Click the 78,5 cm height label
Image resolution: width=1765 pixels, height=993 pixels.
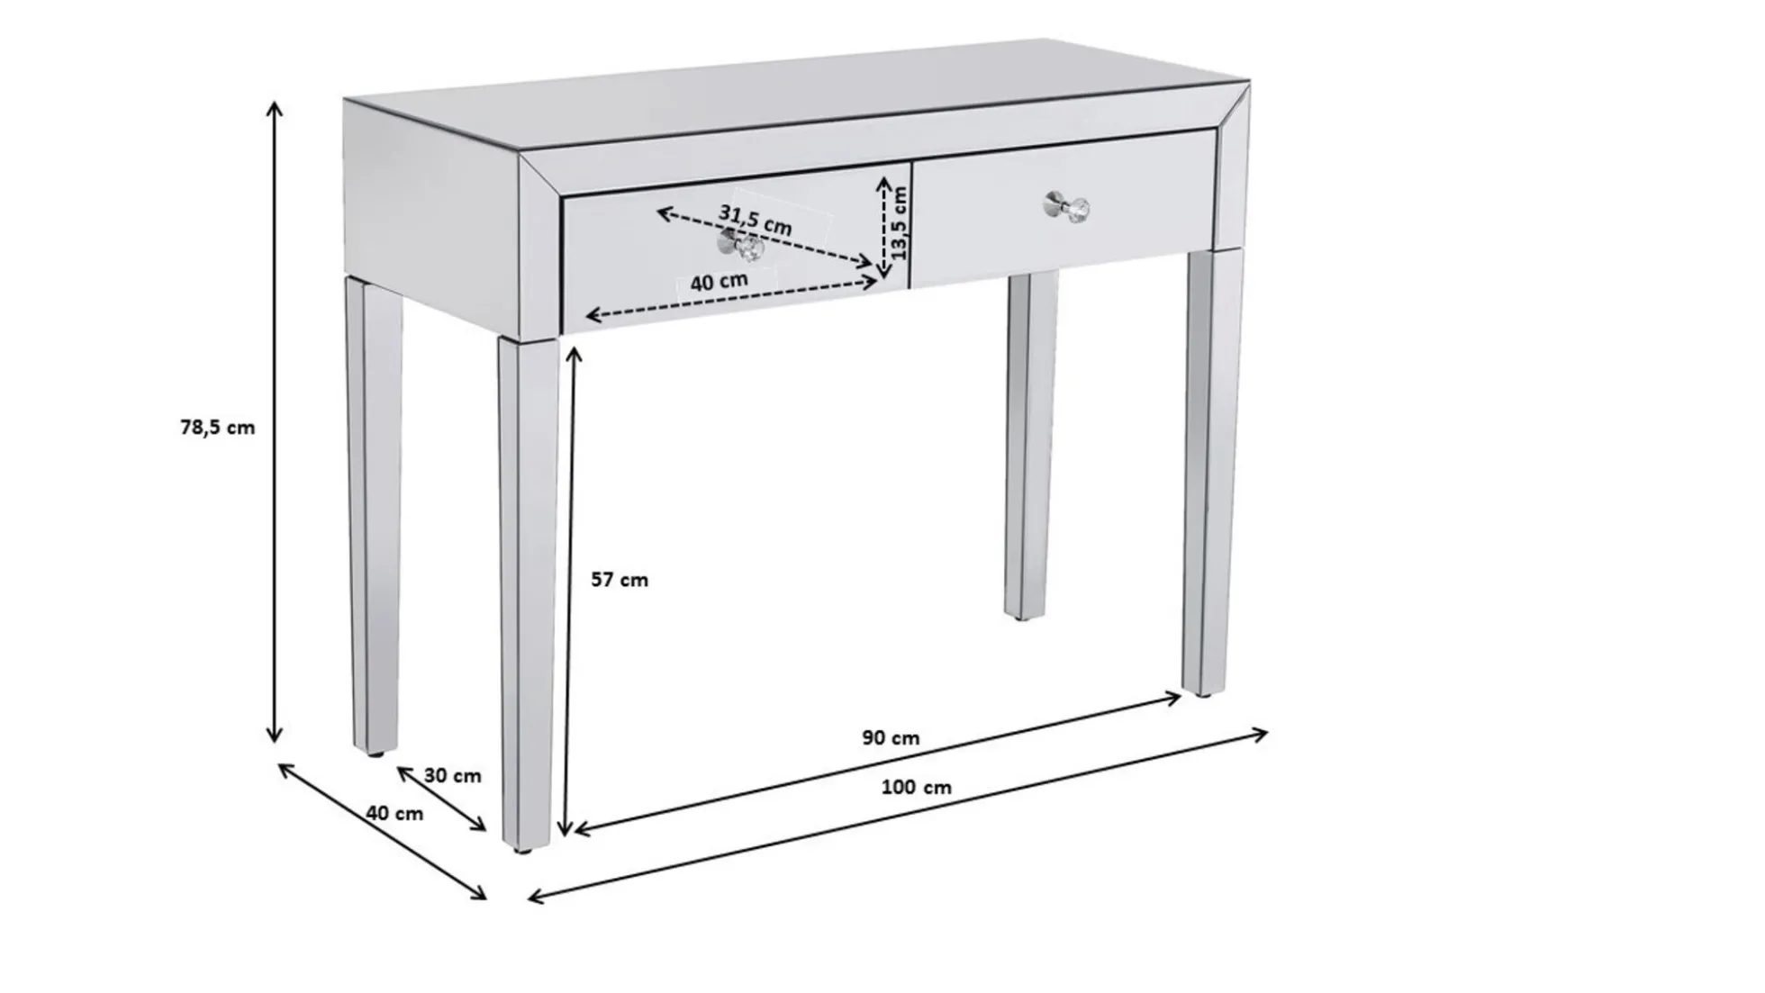click(x=217, y=428)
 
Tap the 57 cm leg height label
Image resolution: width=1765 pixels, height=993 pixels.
click(x=620, y=580)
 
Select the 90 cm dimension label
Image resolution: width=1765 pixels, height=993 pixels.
click(x=891, y=738)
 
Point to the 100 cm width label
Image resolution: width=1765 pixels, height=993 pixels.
click(x=916, y=787)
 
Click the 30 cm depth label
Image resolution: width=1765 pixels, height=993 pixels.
click(x=452, y=775)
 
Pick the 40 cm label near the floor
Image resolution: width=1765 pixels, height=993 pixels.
click(x=394, y=813)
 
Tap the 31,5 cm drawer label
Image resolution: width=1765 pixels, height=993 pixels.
click(x=755, y=220)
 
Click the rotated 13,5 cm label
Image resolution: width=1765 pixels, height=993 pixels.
click(x=900, y=221)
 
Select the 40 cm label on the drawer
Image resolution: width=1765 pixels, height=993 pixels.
click(x=719, y=282)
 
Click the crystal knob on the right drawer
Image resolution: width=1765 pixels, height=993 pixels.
click(x=1067, y=208)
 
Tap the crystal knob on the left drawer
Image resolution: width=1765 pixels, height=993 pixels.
click(x=741, y=246)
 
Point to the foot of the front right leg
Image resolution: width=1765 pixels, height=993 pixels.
click(x=1204, y=691)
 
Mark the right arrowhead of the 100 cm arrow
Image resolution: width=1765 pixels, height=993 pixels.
click(x=1263, y=734)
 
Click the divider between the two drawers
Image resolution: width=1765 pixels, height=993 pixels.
click(x=910, y=225)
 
